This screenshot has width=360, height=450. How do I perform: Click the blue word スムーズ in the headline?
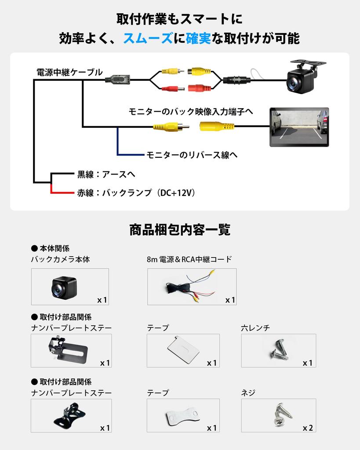147,39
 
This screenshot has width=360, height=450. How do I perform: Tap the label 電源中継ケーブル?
70,72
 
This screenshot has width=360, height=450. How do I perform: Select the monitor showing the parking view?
299,127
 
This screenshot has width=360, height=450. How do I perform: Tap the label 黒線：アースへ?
106,174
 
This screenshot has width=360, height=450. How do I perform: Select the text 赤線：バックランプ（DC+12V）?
136,192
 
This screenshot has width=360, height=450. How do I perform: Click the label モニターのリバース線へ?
192,155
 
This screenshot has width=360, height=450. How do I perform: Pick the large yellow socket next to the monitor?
217,127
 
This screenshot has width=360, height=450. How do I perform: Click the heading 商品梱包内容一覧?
180,229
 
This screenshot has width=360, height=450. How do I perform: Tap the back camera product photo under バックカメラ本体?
64,287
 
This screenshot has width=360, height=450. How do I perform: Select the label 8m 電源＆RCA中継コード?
189,259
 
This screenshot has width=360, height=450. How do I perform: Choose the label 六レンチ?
255,328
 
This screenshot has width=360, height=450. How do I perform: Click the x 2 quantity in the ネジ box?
308,428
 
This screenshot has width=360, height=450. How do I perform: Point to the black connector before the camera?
236,80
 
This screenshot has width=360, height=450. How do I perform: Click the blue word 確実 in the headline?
198,39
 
